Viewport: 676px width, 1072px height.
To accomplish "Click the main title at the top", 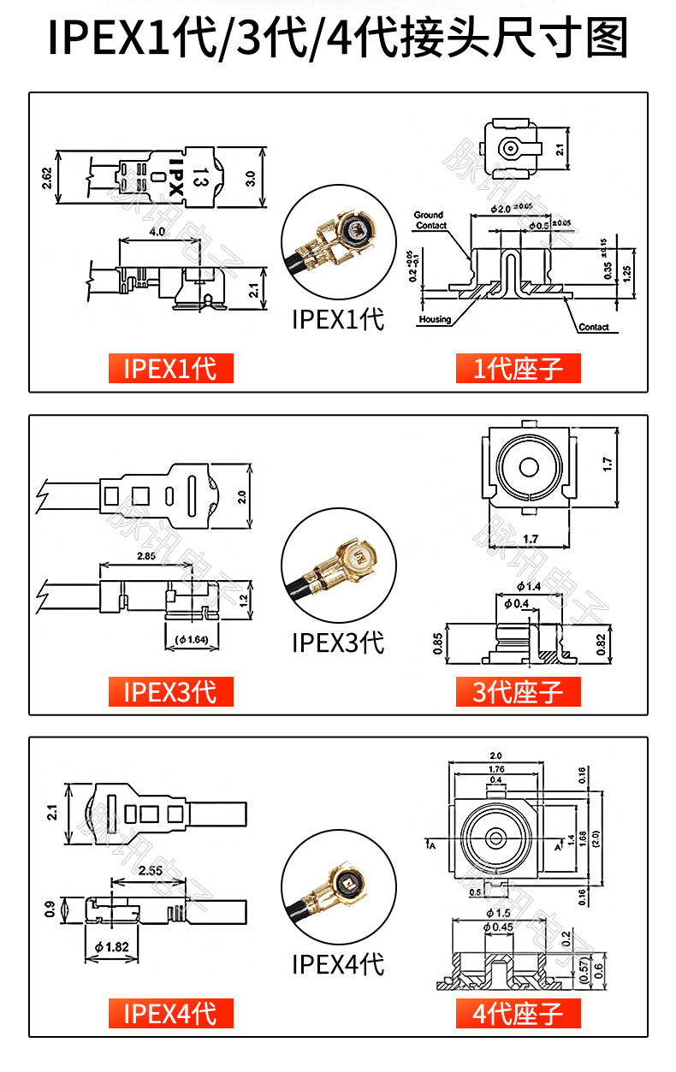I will tap(338, 38).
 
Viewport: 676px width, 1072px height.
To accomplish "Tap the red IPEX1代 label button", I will tap(170, 368).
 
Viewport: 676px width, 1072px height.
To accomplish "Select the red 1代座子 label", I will tap(518, 368).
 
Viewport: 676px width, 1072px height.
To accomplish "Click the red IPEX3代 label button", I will tap(170, 690).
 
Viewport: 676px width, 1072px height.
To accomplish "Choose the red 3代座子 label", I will tap(518, 690).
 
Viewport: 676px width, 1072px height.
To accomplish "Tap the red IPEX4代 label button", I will tap(170, 1013).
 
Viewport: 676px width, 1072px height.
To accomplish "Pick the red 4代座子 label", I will tap(518, 1013).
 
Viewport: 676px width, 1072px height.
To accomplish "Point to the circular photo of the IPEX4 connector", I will tap(338, 892).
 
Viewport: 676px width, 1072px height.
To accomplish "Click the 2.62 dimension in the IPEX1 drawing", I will tap(46, 178).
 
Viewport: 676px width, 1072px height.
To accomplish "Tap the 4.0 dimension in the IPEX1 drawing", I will tap(157, 232).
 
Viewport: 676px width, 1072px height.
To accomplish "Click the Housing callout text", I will tap(435, 319).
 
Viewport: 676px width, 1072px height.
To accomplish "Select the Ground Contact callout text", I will tap(430, 220).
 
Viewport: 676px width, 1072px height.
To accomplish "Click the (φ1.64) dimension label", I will tap(192, 639).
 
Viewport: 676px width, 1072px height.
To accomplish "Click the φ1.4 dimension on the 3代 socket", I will tap(529, 586).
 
